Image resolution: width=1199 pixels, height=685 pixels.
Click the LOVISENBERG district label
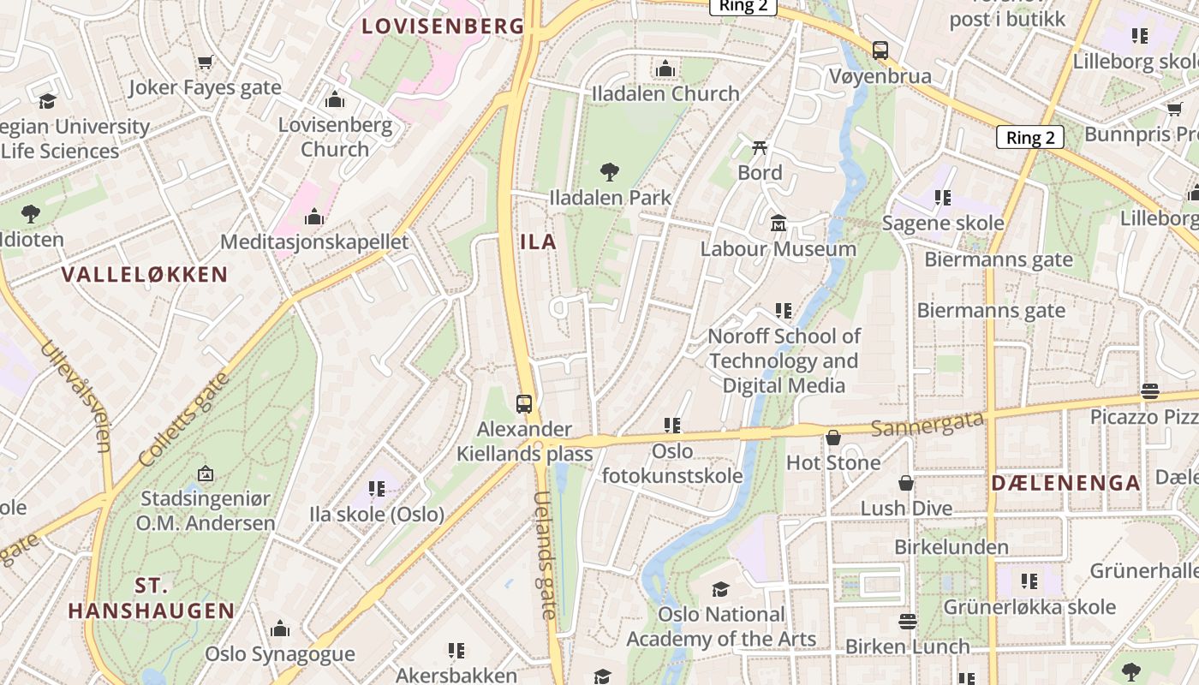tap(442, 26)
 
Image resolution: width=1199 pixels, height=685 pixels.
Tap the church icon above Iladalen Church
tap(665, 69)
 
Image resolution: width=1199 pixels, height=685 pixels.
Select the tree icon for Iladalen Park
tap(610, 172)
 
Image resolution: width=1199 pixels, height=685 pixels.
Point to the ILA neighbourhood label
tap(539, 242)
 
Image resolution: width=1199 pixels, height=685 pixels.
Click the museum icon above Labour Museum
tap(778, 223)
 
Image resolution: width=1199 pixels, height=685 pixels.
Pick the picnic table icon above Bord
tap(760, 148)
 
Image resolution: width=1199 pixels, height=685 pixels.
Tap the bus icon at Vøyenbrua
tap(880, 51)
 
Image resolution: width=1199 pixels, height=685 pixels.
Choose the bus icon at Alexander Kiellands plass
tap(523, 403)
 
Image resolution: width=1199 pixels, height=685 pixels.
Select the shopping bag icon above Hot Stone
tap(833, 438)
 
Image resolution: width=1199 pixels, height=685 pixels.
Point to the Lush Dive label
tap(906, 508)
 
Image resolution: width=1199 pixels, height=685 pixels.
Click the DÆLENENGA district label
tap(1065, 483)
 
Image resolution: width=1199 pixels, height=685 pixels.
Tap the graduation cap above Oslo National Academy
tap(720, 589)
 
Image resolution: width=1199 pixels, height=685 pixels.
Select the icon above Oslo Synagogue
tap(280, 629)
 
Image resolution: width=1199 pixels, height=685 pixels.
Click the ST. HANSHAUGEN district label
tap(151, 599)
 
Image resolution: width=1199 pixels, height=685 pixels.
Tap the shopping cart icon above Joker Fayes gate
tap(205, 62)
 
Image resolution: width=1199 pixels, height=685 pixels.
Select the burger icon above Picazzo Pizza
tap(1149, 391)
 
